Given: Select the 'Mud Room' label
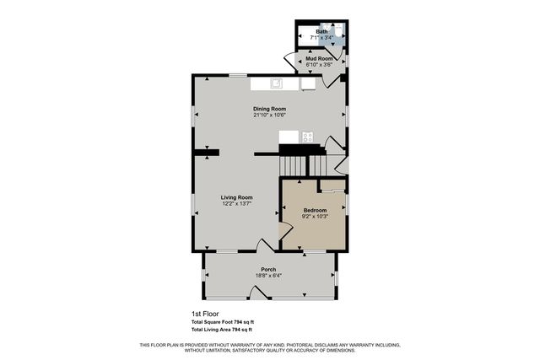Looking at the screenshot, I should [319, 58].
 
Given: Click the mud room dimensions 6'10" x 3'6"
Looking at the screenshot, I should [319, 65].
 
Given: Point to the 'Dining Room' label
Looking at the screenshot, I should [270, 109].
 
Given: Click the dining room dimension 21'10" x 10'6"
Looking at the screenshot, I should [270, 116].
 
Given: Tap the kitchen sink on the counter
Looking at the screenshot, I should [277, 83].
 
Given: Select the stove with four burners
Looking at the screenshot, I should [308, 137].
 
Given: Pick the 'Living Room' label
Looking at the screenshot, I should [237, 197].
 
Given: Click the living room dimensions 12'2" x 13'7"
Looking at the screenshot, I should [237, 204].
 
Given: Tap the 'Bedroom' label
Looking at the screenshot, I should [315, 210].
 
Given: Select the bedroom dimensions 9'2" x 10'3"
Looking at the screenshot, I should [315, 217].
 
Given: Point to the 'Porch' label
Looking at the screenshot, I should [268, 269].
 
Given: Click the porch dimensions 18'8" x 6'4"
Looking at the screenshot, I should [268, 276].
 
